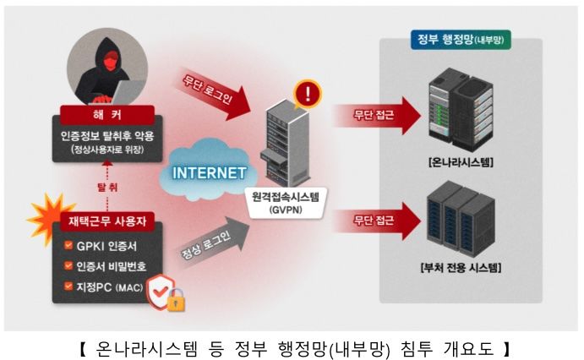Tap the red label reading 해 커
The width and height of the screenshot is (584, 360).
(x=107, y=113)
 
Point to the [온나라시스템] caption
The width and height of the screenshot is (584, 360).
(x=461, y=161)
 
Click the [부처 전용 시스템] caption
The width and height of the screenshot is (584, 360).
(x=461, y=270)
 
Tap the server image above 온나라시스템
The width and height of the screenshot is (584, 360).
(x=461, y=110)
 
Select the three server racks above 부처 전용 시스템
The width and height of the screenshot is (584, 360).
(x=461, y=221)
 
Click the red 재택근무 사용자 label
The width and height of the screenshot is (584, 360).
(x=107, y=223)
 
